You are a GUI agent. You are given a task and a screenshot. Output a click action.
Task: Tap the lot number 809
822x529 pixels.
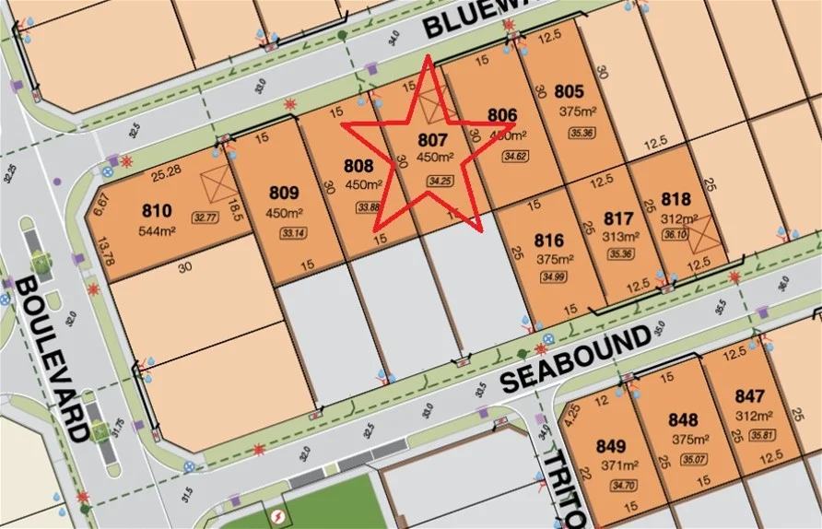click(284, 194)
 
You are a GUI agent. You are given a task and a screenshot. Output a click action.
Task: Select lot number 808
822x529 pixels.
click(358, 167)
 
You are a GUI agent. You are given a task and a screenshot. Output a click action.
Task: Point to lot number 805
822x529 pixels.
click(570, 91)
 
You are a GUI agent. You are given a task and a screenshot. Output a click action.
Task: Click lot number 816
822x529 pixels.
click(549, 238)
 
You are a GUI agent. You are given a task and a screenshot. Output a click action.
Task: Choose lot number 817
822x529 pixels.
click(619, 218)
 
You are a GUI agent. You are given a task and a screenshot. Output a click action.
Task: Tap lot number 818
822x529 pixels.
click(676, 198)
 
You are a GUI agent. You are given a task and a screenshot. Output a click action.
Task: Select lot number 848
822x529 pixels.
click(684, 421)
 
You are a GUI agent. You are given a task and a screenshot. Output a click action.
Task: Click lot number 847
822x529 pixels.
click(750, 396)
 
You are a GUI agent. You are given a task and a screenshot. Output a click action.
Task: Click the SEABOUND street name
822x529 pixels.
click(577, 359)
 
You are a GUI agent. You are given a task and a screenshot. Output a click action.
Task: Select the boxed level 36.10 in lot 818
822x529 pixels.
click(675, 235)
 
